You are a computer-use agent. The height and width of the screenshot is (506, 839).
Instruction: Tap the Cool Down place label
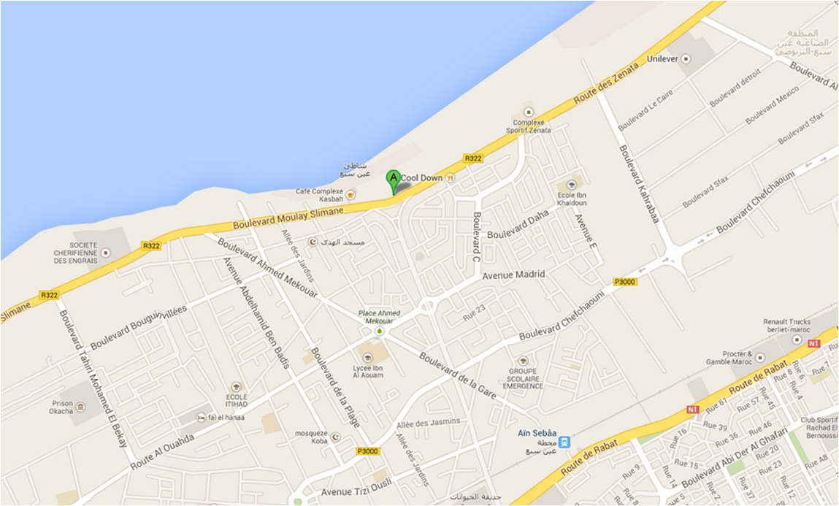pos(421,177)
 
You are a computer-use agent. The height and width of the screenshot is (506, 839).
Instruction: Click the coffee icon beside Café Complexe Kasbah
pos(350,194)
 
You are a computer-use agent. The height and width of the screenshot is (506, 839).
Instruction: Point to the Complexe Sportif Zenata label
pos(529,126)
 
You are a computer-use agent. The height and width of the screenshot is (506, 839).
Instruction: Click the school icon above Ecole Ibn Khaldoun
pos(571,184)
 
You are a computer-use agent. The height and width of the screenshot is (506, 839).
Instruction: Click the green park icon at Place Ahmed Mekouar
pos(379,331)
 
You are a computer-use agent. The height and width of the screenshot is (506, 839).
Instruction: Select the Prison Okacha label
pos(62,407)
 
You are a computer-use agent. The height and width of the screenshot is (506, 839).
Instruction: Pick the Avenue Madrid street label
pos(514,275)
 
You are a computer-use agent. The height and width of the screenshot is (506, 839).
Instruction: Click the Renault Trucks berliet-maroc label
pos(787,325)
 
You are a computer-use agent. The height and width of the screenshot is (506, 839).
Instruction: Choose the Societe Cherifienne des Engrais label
pos(84,253)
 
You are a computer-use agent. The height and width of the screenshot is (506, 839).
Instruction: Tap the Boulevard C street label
pos(476,237)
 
